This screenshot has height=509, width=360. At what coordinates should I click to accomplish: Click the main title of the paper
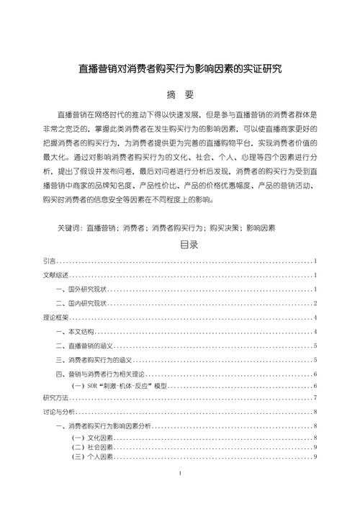[179, 70]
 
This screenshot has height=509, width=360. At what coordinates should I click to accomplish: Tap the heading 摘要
[180, 95]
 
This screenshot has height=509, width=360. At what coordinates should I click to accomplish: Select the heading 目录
[179, 245]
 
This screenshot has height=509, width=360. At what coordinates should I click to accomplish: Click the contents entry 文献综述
[56, 275]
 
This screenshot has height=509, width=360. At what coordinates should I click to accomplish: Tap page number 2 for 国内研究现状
[315, 303]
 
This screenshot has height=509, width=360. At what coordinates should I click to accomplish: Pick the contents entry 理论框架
[56, 317]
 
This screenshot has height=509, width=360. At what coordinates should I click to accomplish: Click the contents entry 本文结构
[78, 332]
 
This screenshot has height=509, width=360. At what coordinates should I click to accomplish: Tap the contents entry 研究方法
[56, 398]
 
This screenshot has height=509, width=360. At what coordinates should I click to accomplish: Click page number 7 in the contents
[315, 398]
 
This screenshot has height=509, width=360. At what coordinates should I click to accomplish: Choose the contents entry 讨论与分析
[60, 412]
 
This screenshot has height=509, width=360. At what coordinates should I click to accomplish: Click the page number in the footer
[179, 475]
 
